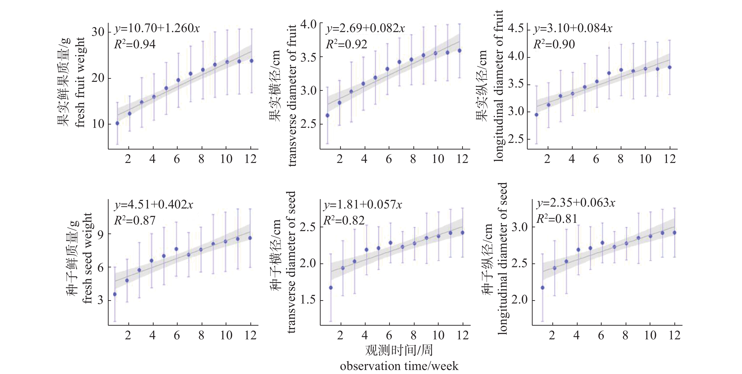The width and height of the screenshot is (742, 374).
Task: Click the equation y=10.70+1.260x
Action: (157, 28)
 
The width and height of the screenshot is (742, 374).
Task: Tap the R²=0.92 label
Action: (346, 44)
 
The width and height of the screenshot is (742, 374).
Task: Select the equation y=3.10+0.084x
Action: (573, 28)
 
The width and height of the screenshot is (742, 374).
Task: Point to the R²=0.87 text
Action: (135, 220)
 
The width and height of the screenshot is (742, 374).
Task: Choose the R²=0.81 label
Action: (556, 219)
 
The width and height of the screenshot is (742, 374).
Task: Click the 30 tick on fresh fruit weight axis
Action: (98, 32)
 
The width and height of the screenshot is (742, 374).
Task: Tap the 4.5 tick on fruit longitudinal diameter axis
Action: (516, 30)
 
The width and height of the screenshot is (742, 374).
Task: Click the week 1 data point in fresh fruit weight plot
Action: (117, 123)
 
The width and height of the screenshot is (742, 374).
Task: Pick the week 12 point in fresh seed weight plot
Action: (250, 238)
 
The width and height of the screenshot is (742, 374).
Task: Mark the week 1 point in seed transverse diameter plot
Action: (331, 287)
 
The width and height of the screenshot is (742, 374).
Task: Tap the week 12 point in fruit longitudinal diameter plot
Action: (670, 67)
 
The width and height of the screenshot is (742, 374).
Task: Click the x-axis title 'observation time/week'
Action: (399, 366)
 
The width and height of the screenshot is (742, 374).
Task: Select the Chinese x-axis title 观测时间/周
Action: (399, 350)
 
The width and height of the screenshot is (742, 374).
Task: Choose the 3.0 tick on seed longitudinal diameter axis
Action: (519, 227)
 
